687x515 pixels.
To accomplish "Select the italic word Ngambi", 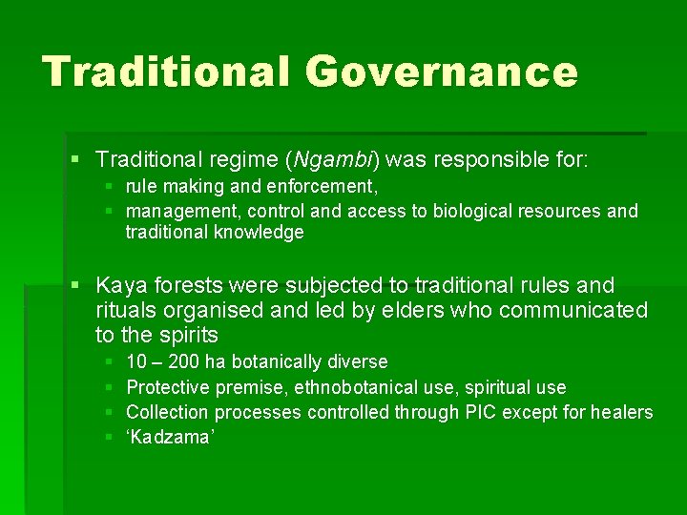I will (332, 158).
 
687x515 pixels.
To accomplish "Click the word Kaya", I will (122, 286).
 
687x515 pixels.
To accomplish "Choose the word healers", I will (621, 412).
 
